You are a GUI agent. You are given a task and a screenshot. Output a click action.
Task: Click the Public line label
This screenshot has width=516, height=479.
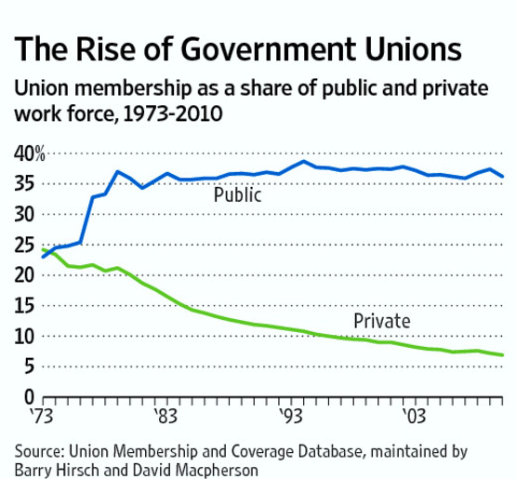tap(237, 195)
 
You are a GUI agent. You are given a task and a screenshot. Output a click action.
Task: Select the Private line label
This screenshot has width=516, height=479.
tap(381, 322)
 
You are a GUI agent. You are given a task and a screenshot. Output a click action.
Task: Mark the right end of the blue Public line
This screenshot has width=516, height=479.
tap(503, 176)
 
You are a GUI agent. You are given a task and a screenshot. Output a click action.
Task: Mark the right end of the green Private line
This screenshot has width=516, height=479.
tap(503, 355)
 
